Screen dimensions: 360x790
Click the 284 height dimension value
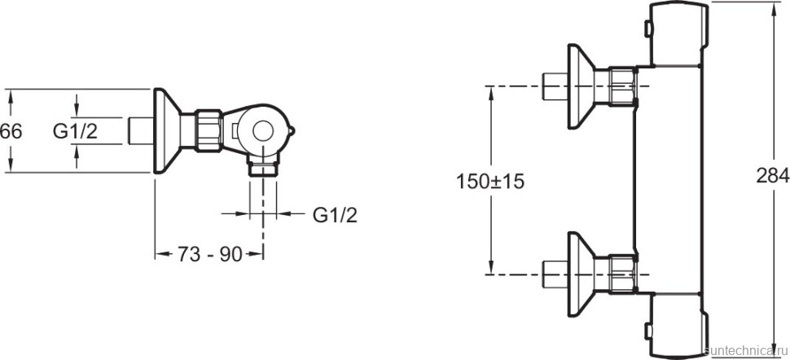pos(772,175)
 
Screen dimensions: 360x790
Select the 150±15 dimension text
pos(489,181)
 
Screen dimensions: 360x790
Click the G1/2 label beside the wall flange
pos(76,130)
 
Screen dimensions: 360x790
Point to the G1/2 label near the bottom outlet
pos(335,215)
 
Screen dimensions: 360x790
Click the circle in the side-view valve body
pos(263,131)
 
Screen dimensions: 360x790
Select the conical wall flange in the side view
pos(167,130)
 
